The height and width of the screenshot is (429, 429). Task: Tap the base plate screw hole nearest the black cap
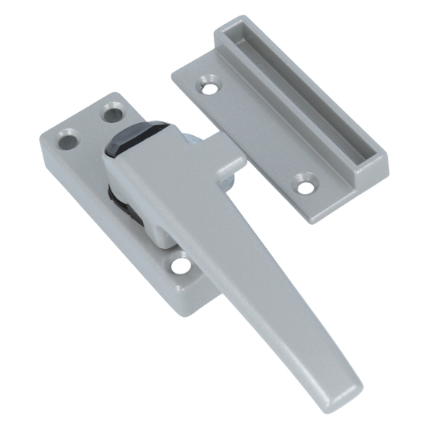pyautogui.click(x=112, y=115)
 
